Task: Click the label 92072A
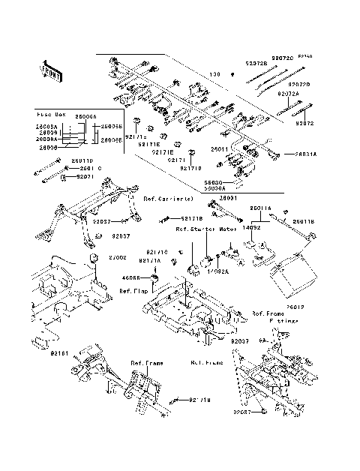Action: point(288,94)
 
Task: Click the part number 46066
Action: point(131,277)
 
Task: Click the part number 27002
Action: point(117,257)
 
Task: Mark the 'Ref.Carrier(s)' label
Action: point(168,199)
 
